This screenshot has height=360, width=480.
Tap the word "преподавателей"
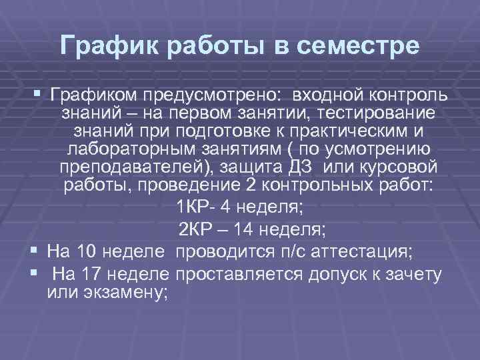(127, 167)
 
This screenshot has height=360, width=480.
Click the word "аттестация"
(360, 252)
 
